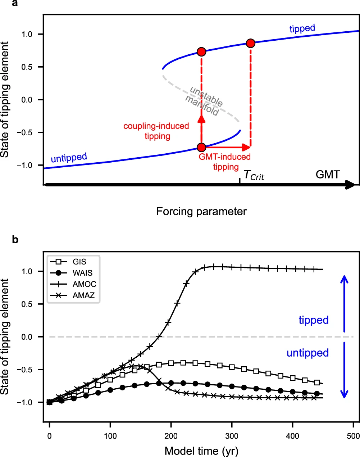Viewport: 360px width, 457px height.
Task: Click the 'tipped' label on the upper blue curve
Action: [x=302, y=28]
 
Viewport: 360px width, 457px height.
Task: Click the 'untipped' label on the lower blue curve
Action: [x=69, y=158]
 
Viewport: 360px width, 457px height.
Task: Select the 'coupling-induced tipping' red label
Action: [x=156, y=131]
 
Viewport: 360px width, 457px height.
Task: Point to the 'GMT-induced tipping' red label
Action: [x=225, y=162]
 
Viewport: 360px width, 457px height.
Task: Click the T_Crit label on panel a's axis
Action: [x=254, y=175]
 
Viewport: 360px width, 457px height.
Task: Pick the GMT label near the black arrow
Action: [x=327, y=175]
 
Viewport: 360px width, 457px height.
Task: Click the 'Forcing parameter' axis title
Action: [x=201, y=211]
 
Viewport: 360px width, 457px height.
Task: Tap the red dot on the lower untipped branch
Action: [x=201, y=147]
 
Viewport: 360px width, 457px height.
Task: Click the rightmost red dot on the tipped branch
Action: [x=251, y=43]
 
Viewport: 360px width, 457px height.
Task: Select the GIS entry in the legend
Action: [x=79, y=262]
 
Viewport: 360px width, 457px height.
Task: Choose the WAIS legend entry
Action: [x=82, y=273]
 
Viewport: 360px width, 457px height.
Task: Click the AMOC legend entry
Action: [x=84, y=284]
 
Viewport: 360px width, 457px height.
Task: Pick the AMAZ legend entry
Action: [x=84, y=295]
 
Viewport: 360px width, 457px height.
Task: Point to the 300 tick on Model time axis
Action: [x=232, y=436]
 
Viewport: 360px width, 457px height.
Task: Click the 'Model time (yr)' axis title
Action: [x=201, y=451]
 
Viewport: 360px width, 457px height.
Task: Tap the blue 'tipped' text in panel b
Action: [x=314, y=320]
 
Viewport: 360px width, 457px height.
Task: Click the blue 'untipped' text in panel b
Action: [x=307, y=353]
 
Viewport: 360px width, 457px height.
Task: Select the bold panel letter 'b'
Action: [x=15, y=240]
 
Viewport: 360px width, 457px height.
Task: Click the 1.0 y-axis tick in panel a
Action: [x=27, y=34]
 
